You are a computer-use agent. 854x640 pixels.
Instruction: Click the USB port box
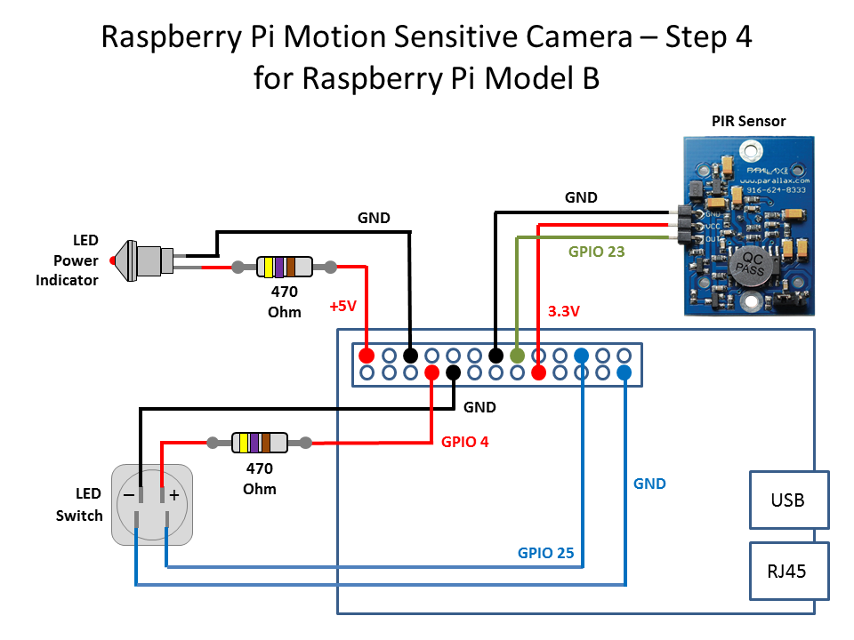[788, 500]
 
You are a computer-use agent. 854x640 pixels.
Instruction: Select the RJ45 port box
[788, 571]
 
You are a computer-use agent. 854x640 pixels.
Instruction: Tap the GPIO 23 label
[596, 252]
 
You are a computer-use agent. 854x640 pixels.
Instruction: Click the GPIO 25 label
[547, 552]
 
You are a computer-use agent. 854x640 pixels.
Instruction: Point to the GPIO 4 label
[464, 441]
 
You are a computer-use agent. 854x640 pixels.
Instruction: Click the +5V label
[342, 306]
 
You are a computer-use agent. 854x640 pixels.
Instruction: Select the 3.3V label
[564, 312]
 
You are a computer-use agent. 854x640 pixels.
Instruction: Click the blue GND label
[649, 484]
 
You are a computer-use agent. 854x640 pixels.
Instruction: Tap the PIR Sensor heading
[748, 121]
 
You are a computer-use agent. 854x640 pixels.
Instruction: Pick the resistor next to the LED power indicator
[284, 266]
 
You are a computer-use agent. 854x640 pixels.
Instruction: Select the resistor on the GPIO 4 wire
[259, 442]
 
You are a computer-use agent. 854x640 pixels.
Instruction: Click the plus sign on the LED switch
[174, 495]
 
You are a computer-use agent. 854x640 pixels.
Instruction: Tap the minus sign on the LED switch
[129, 495]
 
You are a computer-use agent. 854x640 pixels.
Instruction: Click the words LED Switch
[79, 504]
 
